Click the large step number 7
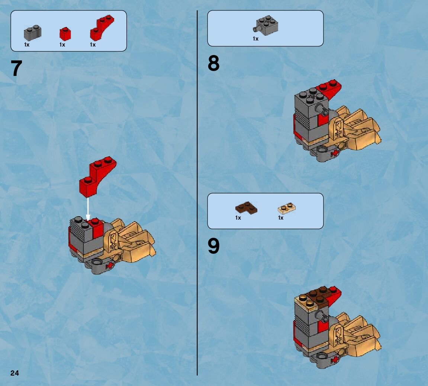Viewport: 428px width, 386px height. (16, 68)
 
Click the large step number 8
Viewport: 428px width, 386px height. (213, 63)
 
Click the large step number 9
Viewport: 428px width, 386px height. (213, 246)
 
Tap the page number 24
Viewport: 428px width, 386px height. (15, 373)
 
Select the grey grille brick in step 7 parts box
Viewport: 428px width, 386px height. (32, 33)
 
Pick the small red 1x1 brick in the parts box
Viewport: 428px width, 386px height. (65, 34)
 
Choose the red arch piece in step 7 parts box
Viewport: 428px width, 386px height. (102, 28)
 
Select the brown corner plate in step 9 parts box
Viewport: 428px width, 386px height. (246, 208)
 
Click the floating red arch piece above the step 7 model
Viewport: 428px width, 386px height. (97, 177)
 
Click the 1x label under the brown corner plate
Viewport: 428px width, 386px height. (238, 218)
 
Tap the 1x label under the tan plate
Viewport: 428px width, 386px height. (281, 218)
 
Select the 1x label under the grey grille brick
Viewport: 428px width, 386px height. (27, 45)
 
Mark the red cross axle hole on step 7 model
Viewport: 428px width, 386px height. (110, 265)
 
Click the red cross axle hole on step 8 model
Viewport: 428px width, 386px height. (334, 153)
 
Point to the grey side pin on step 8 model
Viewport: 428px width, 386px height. (321, 109)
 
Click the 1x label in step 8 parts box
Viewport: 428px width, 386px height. (255, 39)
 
